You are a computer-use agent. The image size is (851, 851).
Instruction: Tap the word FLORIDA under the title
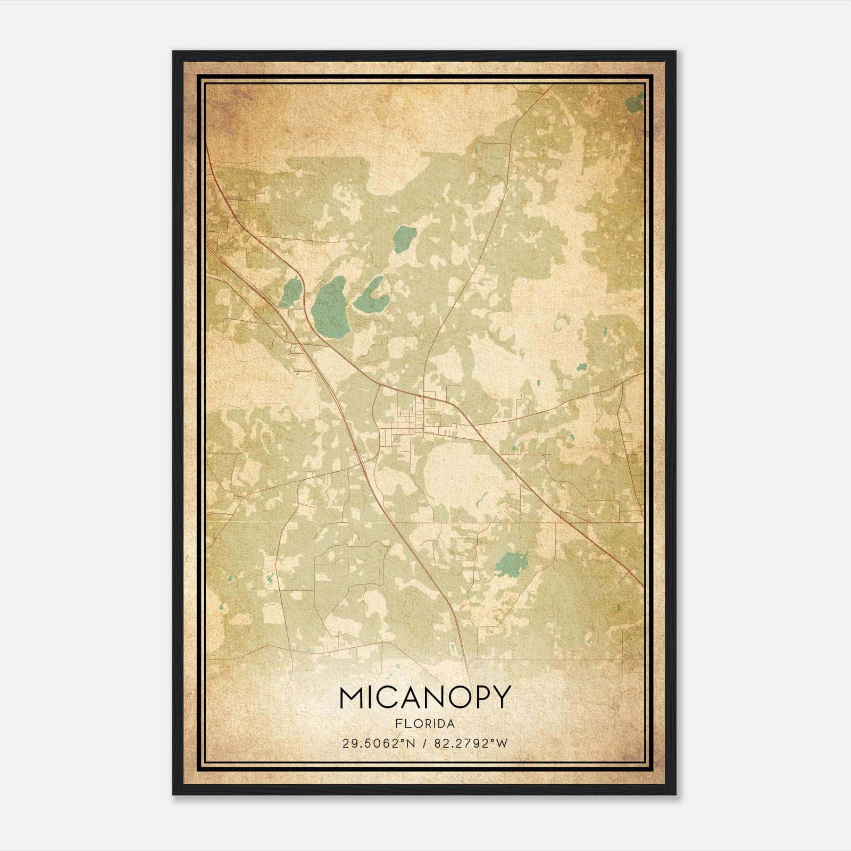pos(424,724)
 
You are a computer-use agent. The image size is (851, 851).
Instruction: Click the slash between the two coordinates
pos(425,744)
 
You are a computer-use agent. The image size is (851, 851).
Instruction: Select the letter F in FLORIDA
pos(398,724)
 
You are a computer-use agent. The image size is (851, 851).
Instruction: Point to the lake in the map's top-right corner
pos(635,104)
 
